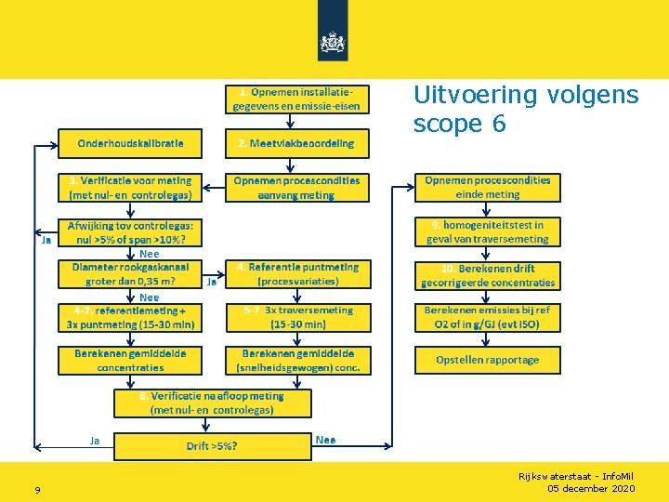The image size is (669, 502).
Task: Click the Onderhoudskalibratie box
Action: (131, 143)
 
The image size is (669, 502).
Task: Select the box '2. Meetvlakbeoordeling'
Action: (296, 143)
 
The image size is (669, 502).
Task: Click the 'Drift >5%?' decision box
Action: (212, 446)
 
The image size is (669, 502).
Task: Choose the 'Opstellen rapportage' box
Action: (488, 360)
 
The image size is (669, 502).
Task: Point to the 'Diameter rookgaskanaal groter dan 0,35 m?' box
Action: (131, 273)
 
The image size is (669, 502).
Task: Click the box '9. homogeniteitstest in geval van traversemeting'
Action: (488, 231)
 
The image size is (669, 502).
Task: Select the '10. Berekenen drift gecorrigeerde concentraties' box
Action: (488, 275)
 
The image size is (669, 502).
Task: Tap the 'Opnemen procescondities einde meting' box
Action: (488, 187)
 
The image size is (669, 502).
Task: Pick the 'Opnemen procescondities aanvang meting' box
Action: (296, 187)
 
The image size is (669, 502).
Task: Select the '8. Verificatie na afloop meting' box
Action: (212, 403)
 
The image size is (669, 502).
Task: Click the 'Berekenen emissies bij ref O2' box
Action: (488, 317)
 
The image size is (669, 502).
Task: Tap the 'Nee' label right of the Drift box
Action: (326, 440)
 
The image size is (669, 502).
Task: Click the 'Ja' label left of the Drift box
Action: (95, 440)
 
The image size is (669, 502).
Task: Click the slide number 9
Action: (37, 490)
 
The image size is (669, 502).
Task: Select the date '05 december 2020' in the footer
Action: (591, 489)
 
